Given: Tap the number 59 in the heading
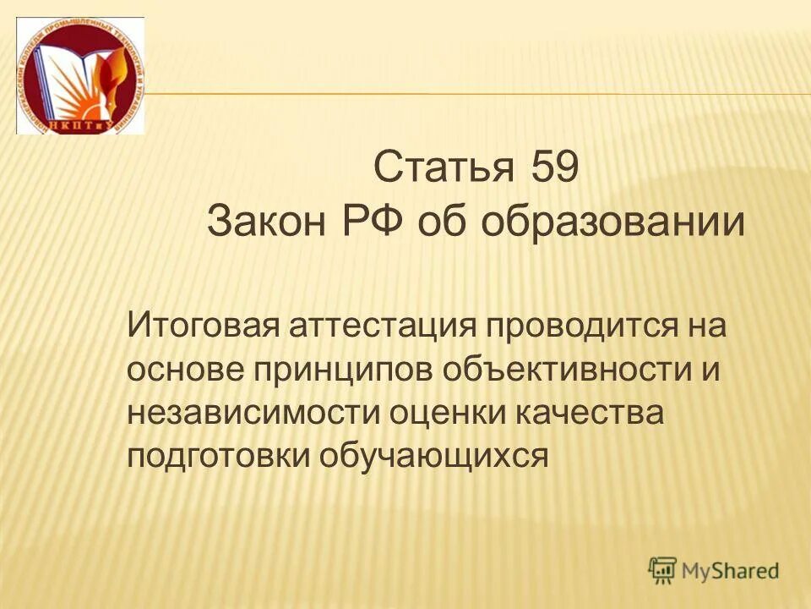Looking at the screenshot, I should pos(555,167).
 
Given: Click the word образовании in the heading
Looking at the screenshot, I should pos(614,223).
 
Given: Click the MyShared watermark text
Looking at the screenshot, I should pos(731,570).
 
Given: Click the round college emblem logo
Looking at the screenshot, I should pos(80,76).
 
